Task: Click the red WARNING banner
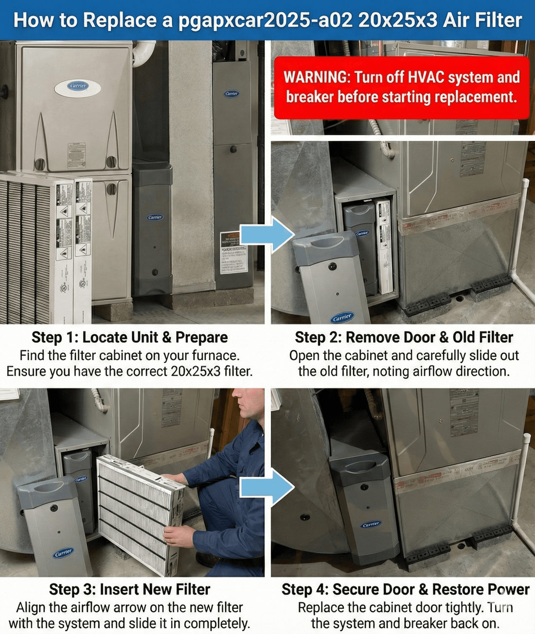click(x=401, y=87)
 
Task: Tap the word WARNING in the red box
click(x=315, y=77)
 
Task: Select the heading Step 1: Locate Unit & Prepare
click(x=130, y=337)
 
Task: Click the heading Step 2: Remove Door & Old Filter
click(x=404, y=337)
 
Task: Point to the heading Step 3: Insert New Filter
click(x=130, y=589)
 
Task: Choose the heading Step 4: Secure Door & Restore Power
click(x=405, y=589)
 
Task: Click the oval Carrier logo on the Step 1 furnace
click(x=78, y=86)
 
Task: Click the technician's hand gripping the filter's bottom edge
click(x=177, y=536)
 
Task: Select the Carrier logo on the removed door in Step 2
click(x=342, y=317)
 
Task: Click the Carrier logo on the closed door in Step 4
click(x=371, y=524)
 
